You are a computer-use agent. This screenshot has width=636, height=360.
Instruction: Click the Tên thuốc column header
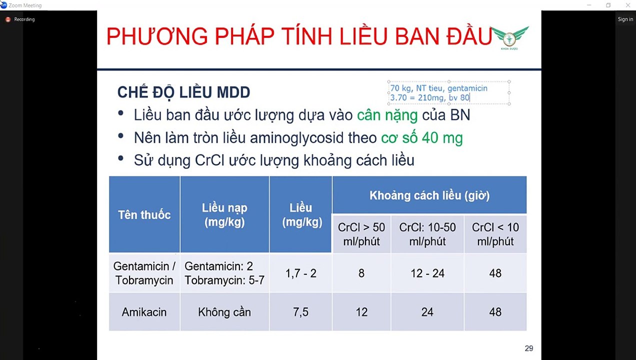click(144, 215)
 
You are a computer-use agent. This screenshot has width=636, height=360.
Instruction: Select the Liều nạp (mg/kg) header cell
click(224, 215)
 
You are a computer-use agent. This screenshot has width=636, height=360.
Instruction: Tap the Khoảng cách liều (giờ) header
click(429, 195)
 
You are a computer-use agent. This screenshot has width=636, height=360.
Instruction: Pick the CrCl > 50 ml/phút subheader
click(361, 234)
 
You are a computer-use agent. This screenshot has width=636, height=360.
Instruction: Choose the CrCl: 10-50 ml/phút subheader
click(427, 234)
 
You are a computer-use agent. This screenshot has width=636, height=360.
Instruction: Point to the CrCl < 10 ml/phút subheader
click(495, 234)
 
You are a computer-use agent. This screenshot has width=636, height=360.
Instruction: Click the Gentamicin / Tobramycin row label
click(144, 273)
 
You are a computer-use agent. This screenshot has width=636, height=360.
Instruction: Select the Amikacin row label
click(144, 312)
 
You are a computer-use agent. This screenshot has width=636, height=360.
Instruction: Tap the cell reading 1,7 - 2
click(300, 273)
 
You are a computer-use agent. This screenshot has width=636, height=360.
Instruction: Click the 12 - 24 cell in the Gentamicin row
click(427, 273)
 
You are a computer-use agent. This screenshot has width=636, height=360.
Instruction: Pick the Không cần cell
click(224, 312)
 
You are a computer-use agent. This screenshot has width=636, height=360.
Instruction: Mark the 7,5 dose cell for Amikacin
click(300, 312)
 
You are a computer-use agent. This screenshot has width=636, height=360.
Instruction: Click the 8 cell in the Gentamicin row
click(361, 273)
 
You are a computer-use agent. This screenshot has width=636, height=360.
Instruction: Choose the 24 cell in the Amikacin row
click(427, 312)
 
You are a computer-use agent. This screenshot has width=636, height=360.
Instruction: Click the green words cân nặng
click(387, 115)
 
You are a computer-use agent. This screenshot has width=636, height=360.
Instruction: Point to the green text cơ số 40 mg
click(421, 138)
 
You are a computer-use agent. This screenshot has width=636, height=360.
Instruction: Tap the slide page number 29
click(528, 348)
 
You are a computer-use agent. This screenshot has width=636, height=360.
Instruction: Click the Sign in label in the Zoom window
click(625, 19)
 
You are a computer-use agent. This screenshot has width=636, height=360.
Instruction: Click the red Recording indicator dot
click(8, 19)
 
